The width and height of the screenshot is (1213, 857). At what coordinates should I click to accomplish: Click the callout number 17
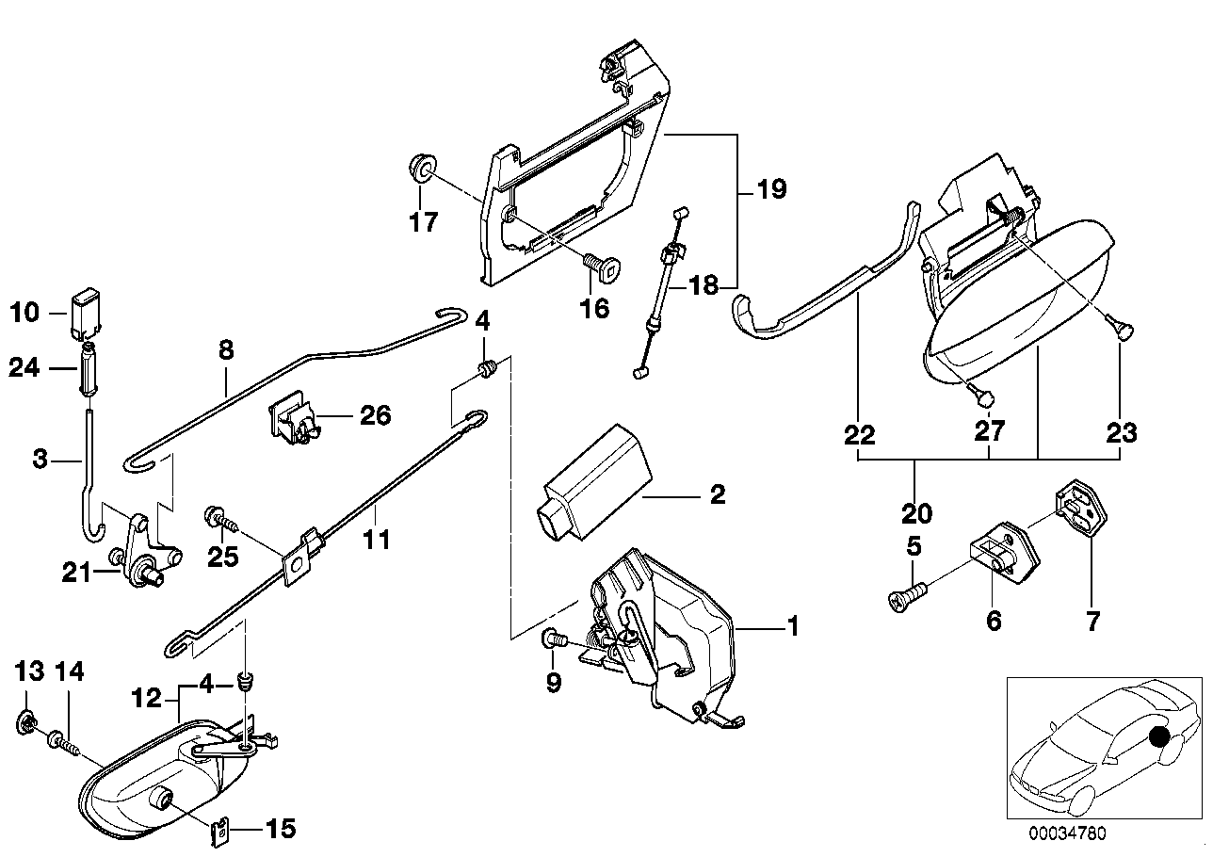tap(424, 223)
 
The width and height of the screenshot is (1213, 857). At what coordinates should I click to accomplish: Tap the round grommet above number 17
tap(423, 170)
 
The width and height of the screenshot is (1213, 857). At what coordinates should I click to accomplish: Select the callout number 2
tap(718, 495)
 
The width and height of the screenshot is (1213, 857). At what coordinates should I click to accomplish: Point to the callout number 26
tap(376, 415)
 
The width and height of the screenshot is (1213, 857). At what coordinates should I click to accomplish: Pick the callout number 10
tap(26, 312)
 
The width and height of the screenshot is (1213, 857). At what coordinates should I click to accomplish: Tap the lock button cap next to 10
tap(85, 312)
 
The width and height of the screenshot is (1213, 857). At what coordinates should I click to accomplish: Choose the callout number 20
tap(915, 513)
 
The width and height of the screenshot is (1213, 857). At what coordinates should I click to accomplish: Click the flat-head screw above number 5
tap(906, 595)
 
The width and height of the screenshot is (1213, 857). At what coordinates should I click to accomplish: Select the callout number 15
tap(281, 830)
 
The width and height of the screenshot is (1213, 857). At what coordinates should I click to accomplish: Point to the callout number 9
tap(553, 682)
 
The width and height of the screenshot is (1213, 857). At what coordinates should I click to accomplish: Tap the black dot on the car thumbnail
tap(1157, 737)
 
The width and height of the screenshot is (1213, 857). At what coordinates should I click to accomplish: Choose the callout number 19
tap(771, 189)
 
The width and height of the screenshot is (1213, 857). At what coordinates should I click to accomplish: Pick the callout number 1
tap(793, 625)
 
